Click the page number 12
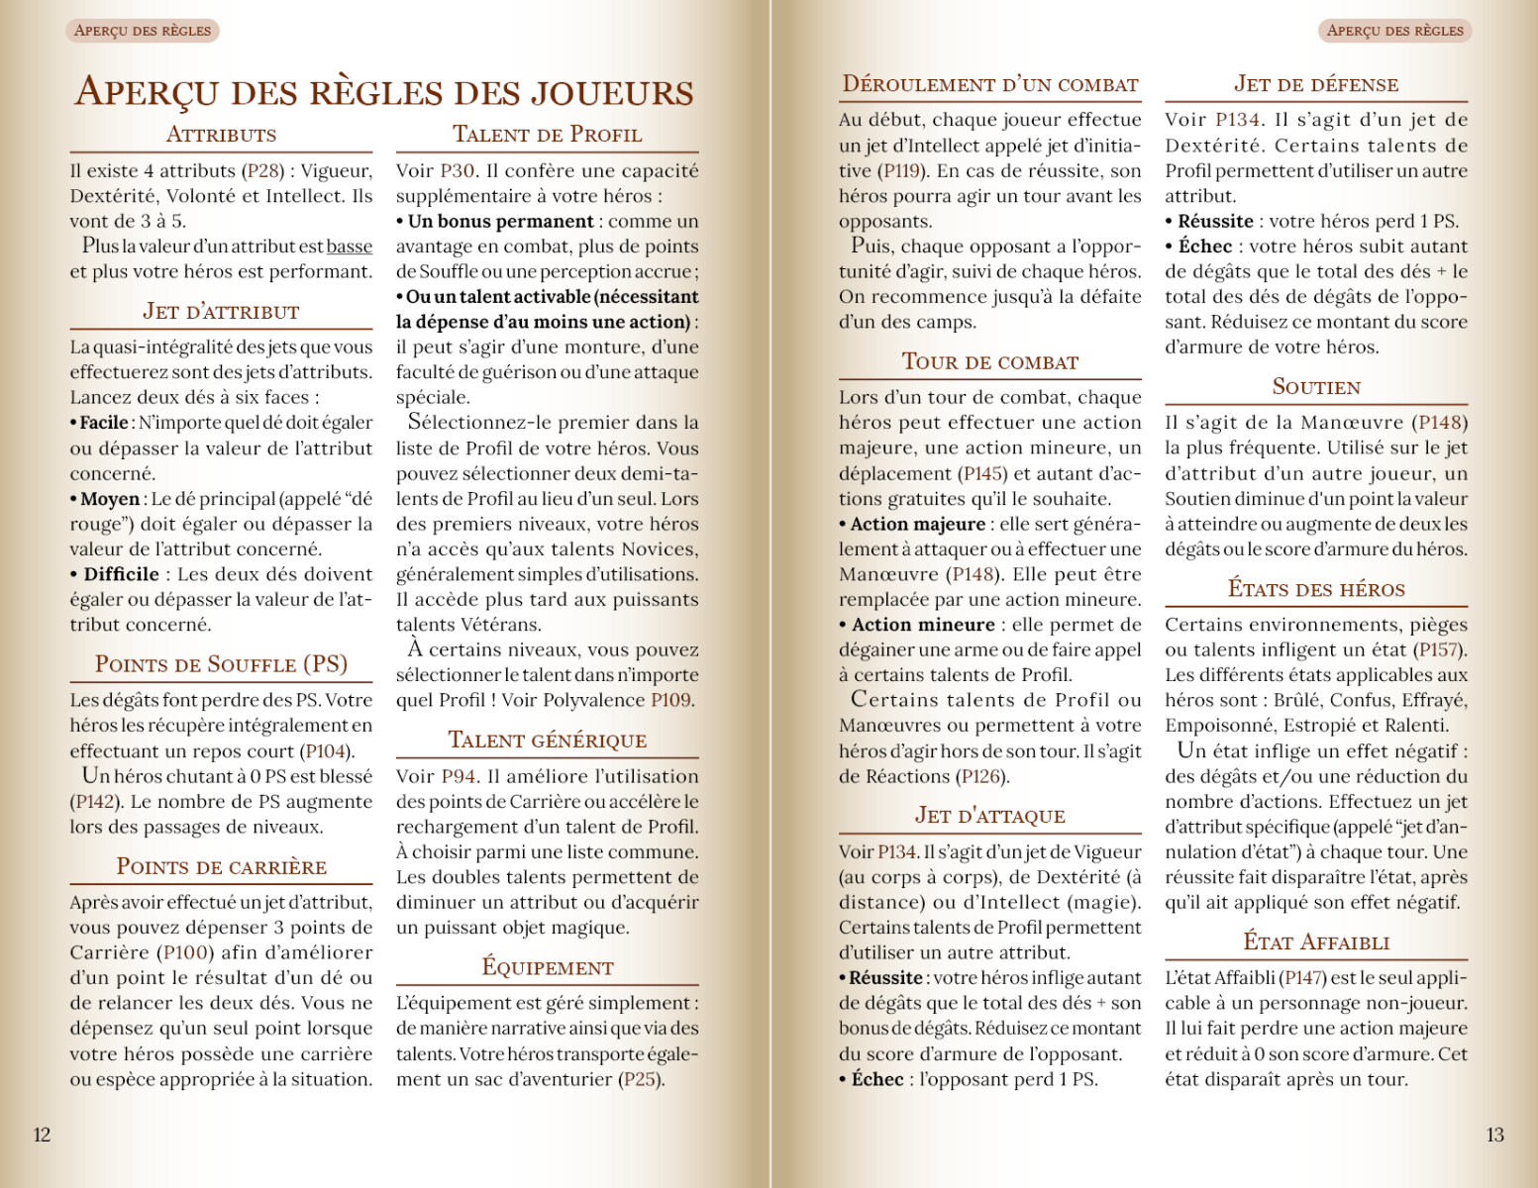[42, 1135]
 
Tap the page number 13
[1494, 1135]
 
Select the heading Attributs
[221, 135]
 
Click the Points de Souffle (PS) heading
[221, 664]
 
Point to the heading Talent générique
[547, 741]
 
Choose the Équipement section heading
[547, 967]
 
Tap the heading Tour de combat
[989, 362]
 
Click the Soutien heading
[1316, 387]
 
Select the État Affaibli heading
[1316, 942]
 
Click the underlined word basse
[350, 247]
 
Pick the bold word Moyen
[110, 499]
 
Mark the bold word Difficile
[121, 574]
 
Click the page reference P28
[264, 171]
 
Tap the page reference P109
[670, 700]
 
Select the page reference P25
[640, 1079]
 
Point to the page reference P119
[903, 171]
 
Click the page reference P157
[1441, 650]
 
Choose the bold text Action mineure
[923, 625]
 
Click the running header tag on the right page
[1394, 31]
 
